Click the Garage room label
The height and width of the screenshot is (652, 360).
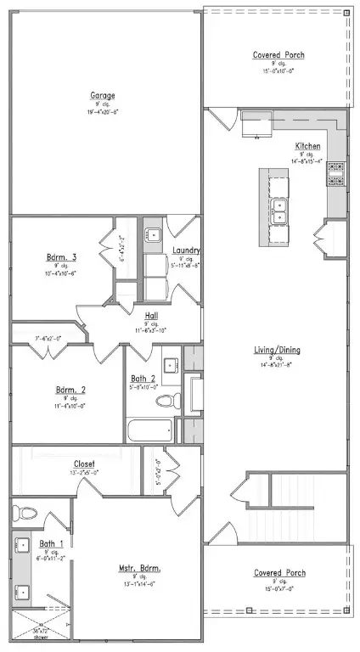point(104,96)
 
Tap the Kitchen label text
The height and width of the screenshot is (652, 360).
point(307,146)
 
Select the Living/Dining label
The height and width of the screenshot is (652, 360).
point(278,350)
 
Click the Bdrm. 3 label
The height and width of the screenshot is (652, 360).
point(62,257)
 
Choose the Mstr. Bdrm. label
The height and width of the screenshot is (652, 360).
point(139,567)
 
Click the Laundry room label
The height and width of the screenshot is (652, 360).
point(185,250)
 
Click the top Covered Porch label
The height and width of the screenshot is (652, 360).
point(278,55)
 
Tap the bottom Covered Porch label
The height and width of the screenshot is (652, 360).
point(278,573)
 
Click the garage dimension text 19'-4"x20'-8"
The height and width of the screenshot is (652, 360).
point(104,112)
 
